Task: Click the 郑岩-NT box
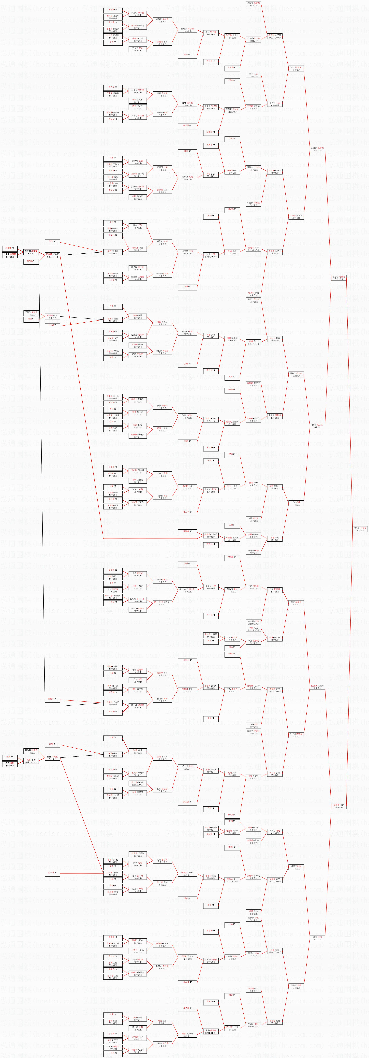[x=52, y=242]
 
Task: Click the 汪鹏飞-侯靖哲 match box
[x=31, y=313]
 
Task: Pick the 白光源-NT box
[x=52, y=325]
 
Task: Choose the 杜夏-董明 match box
[x=31, y=761]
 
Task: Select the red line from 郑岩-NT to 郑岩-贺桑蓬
[x=82, y=246]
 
